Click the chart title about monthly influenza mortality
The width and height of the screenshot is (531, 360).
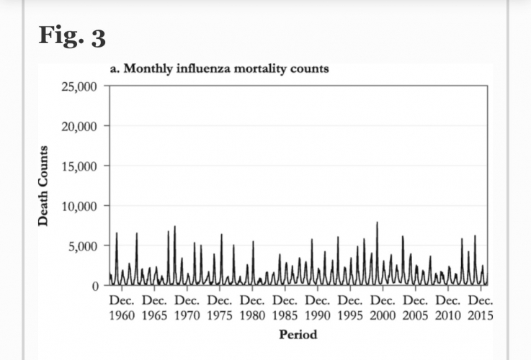click(219, 69)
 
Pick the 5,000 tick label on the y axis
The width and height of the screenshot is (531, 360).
click(84, 246)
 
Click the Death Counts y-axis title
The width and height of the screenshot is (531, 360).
click(44, 186)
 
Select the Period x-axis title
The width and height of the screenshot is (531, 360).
click(298, 334)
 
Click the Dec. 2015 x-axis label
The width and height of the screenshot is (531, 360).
click(480, 307)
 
